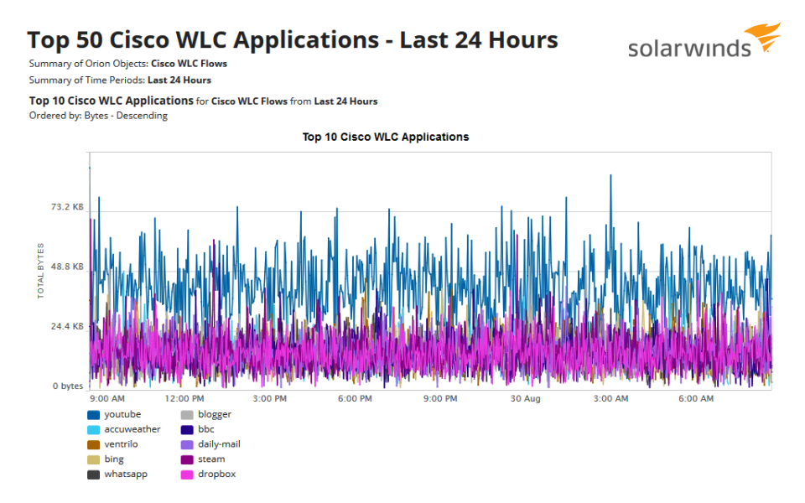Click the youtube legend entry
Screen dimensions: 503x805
point(122,414)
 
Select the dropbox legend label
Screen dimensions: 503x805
point(216,474)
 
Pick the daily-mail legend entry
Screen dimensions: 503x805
point(219,444)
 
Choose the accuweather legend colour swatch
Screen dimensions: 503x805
point(94,429)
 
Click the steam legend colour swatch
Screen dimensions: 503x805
point(188,459)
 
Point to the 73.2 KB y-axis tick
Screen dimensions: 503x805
point(68,207)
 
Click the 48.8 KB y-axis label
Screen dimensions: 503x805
point(68,267)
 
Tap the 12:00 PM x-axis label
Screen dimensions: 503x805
point(184,399)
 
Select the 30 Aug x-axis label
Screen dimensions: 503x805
point(525,399)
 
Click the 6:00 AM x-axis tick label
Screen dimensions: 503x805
point(696,399)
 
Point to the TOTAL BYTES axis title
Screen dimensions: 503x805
point(41,270)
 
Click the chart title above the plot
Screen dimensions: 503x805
point(386,137)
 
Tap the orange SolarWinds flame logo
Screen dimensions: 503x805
point(764,38)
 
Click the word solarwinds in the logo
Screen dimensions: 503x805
point(689,49)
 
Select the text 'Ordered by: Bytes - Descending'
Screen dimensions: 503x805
point(98,116)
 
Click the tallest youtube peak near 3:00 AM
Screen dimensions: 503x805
point(610,176)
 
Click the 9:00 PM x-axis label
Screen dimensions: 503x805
point(439,399)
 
